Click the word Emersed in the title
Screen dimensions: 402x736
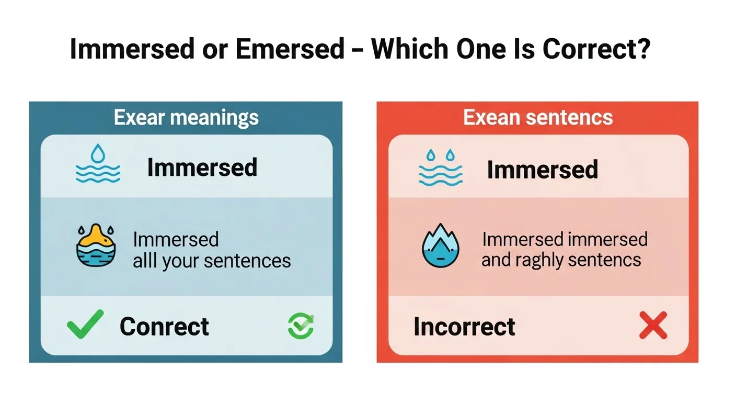(x=290, y=50)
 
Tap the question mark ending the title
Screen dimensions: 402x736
(x=644, y=50)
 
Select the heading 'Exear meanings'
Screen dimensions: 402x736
(x=186, y=117)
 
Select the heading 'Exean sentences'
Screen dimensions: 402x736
(x=538, y=117)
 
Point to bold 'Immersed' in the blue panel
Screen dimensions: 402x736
(x=202, y=167)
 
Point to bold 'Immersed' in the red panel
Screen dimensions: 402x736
(x=542, y=170)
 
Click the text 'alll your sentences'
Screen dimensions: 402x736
(x=212, y=260)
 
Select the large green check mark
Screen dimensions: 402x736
(x=85, y=324)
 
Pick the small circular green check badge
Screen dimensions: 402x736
(x=301, y=325)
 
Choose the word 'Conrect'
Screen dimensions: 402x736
(x=164, y=327)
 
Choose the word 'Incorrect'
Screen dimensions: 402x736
(x=464, y=327)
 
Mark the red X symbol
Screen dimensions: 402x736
(x=653, y=325)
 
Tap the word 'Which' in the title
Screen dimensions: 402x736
(x=409, y=50)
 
